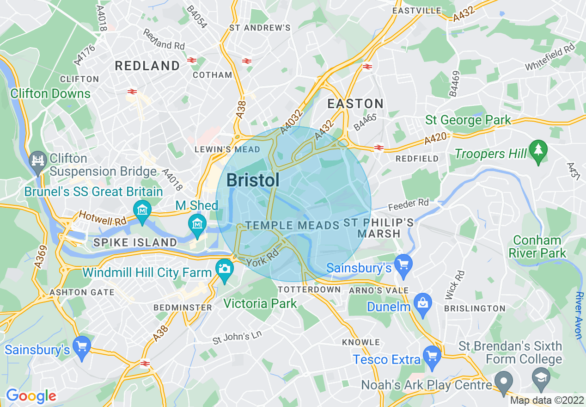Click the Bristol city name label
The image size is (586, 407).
[253, 180]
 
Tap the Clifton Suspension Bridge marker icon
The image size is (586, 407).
[37, 160]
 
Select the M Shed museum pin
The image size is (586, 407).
[198, 223]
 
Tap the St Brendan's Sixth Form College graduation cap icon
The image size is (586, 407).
[541, 376]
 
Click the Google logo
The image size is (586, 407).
[31, 396]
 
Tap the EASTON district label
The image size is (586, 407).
[355, 104]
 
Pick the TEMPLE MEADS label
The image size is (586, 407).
[293, 226]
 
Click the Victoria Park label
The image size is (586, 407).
[260, 303]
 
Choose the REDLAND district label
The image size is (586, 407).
[147, 66]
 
